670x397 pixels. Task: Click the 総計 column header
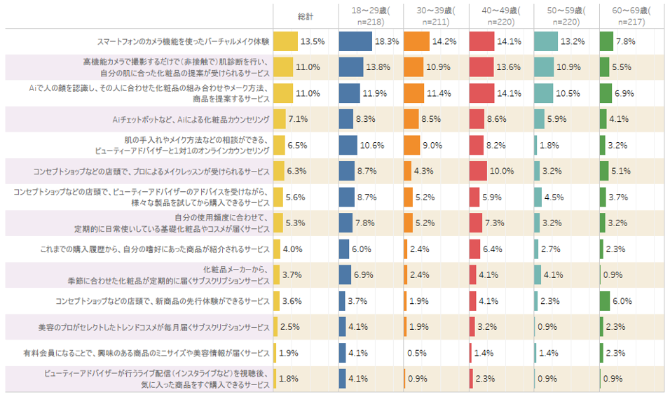pyautogui.click(x=305, y=15)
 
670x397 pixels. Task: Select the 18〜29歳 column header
pyautogui.click(x=371, y=15)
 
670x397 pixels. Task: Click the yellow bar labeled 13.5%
pyautogui.click(x=285, y=41)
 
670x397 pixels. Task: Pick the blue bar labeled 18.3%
pyautogui.click(x=355, y=41)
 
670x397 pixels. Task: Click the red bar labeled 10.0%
pyautogui.click(x=478, y=171)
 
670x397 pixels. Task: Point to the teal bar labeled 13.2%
pyautogui.click(x=546, y=41)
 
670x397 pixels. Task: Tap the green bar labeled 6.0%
pyautogui.click(x=605, y=301)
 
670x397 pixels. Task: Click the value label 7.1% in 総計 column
pyautogui.click(x=299, y=119)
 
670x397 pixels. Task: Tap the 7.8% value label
pyautogui.click(x=625, y=41)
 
